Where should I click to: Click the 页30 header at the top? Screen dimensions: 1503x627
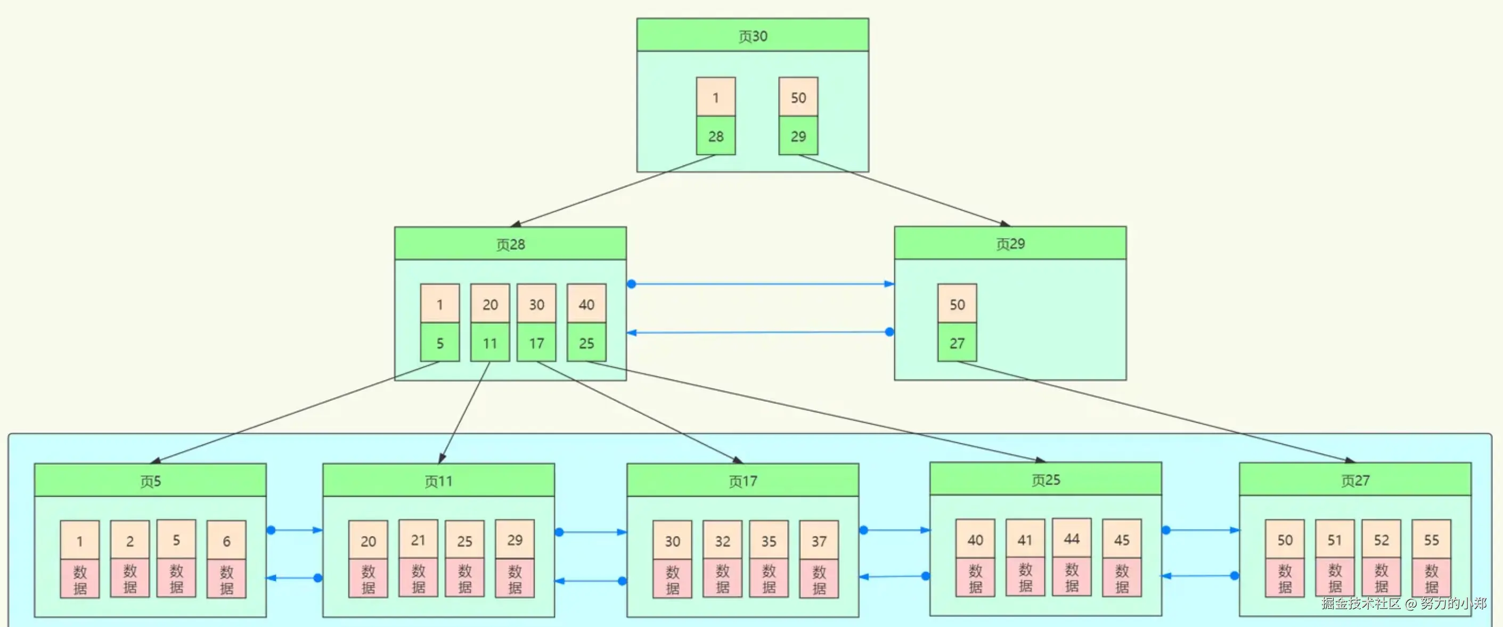click(752, 35)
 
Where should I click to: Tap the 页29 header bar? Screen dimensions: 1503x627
click(1010, 243)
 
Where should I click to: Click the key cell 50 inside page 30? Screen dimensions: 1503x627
click(798, 97)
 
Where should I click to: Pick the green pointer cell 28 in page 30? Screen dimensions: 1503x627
click(715, 136)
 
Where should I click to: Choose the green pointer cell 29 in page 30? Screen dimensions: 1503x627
click(798, 136)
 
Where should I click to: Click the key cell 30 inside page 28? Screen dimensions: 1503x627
click(536, 303)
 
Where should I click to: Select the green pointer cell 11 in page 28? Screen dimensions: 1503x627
click(489, 342)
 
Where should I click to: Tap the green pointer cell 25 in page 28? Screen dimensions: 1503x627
click(586, 342)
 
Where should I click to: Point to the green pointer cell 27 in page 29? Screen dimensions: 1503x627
click(957, 342)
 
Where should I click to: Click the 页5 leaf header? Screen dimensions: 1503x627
click(150, 481)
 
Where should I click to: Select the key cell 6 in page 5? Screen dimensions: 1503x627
click(226, 540)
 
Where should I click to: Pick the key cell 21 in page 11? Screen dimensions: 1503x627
click(418, 540)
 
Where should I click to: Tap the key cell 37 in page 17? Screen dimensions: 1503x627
click(819, 540)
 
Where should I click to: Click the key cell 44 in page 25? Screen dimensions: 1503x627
click(1071, 538)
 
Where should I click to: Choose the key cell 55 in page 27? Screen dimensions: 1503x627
click(1431, 539)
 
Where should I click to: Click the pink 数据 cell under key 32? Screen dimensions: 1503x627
click(722, 579)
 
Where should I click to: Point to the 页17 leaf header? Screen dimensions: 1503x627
click(742, 481)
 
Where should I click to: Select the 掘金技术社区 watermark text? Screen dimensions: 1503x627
click(1360, 603)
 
